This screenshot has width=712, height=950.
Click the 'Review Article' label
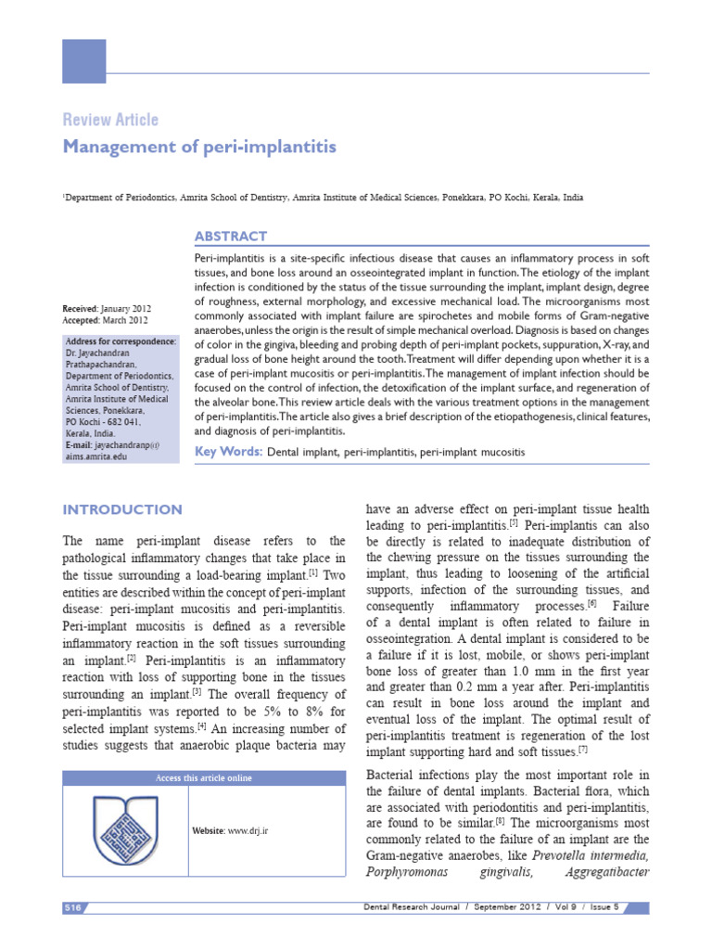(109, 120)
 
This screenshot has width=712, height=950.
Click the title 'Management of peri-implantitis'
(198, 148)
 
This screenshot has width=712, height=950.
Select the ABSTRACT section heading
(231, 237)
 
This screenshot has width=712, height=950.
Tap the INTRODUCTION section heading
(121, 509)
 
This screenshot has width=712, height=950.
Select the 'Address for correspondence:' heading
(120, 341)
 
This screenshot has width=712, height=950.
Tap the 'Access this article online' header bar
(202, 777)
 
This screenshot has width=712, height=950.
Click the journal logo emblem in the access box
(126, 828)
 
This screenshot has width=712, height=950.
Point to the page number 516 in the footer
(74, 906)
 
